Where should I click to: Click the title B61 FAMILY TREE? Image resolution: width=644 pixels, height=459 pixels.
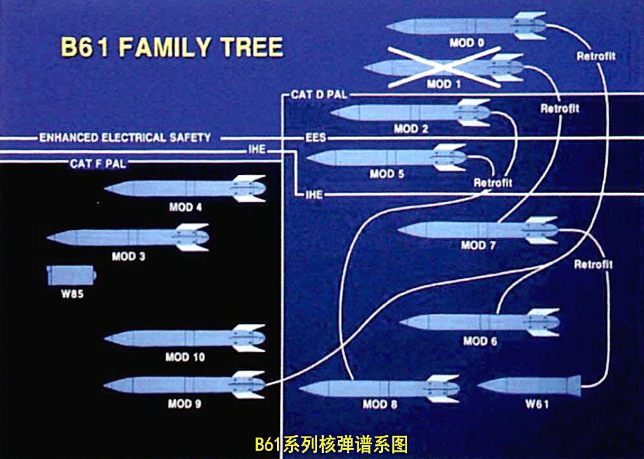pos(172,48)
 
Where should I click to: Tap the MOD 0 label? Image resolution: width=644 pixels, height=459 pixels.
pos(467,43)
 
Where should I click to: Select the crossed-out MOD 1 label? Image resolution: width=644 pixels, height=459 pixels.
pos(444,84)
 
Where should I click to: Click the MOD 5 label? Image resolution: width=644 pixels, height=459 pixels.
pos(387,174)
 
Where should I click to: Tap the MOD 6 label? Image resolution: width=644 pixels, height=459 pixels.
pos(480,341)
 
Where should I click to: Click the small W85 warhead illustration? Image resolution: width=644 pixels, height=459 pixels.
pos(72,275)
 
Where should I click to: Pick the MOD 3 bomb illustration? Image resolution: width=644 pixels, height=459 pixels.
pos(128,237)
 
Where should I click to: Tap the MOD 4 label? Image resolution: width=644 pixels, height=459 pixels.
pos(186,207)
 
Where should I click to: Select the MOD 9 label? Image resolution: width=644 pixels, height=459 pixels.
pos(184,404)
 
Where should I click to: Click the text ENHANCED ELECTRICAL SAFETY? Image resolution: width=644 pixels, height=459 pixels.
pos(125,138)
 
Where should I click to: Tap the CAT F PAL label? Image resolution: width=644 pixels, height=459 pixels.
pos(98,163)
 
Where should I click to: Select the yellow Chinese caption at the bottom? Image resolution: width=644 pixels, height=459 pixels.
pos(331,444)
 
